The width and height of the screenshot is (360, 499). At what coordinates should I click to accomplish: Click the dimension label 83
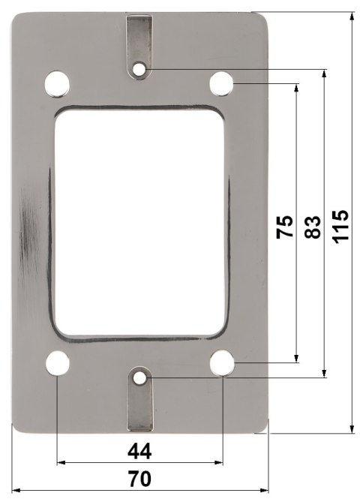313,226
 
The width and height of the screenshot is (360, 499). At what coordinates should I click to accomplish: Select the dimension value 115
341,225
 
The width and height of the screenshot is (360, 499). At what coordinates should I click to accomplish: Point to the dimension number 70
139,479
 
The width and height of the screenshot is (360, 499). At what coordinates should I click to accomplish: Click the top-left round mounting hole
57,84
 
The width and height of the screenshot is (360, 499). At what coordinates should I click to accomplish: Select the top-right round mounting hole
221,84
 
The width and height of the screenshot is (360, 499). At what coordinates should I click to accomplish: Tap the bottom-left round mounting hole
57,363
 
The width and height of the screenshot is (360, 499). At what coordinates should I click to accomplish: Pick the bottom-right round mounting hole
222,363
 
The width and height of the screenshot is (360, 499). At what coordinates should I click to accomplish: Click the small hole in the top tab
140,70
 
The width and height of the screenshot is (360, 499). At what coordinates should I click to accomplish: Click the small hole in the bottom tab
140,377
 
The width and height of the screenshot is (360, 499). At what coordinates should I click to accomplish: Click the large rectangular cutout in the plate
139,223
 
